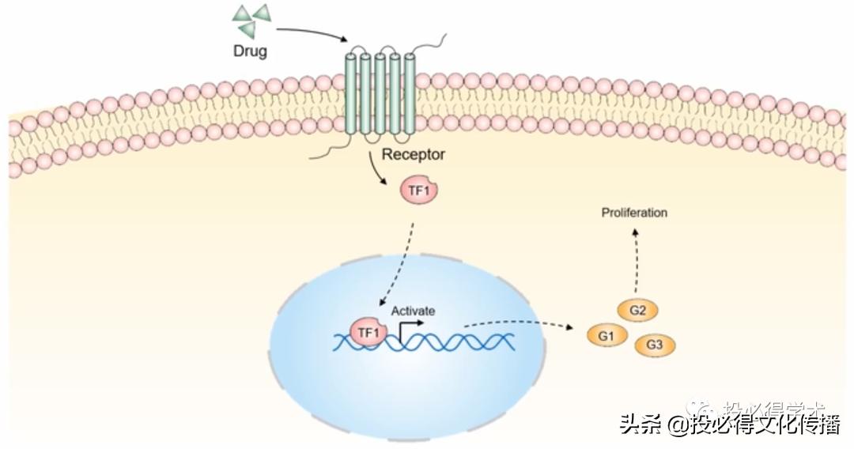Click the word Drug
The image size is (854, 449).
click(x=250, y=52)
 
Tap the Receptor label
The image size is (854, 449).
click(x=413, y=154)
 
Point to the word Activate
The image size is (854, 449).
click(x=413, y=311)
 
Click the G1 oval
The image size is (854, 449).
click(x=606, y=337)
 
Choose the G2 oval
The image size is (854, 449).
click(x=638, y=311)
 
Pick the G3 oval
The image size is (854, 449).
click(x=654, y=345)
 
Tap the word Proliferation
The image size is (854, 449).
click(x=634, y=213)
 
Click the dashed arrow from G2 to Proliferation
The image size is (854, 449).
click(x=636, y=261)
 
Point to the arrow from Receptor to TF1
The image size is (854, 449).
click(x=376, y=169)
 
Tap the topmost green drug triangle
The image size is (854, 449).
click(x=261, y=12)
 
